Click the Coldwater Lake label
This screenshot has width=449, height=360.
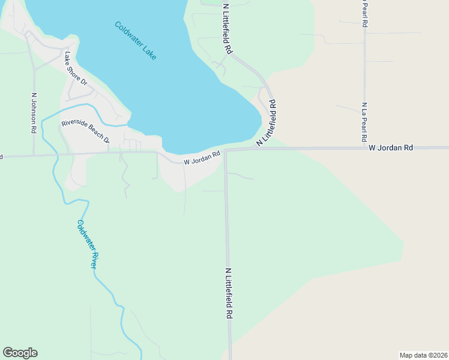pyautogui.click(x=136, y=40)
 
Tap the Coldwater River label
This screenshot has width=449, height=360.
pyautogui.click(x=87, y=244)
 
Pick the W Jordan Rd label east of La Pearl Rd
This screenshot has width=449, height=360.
pyautogui.click(x=391, y=148)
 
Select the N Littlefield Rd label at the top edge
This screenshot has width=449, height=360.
pyautogui.click(x=228, y=29)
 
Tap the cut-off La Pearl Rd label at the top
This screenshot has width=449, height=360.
pyautogui.click(x=364, y=13)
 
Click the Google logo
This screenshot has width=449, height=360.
pyautogui.click(x=20, y=353)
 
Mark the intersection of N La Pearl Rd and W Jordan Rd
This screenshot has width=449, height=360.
pyautogui.click(x=364, y=148)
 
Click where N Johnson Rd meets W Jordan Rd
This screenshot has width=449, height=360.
pyautogui.click(x=34, y=155)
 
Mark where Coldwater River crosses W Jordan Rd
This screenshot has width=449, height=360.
pyautogui.click(x=56, y=155)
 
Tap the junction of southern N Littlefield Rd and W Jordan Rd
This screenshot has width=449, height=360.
pyautogui.click(x=226, y=150)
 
